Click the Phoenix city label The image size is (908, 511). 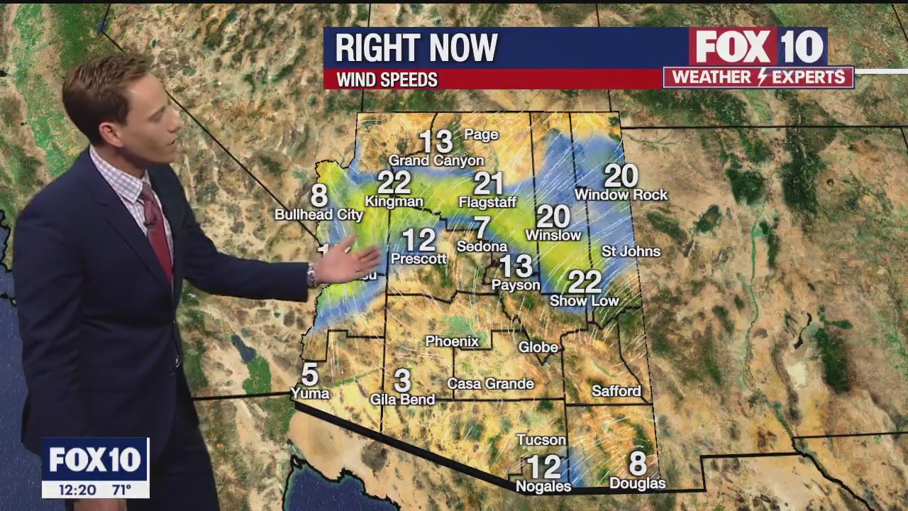pos(452,341)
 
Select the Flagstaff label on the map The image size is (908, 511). pos(487,202)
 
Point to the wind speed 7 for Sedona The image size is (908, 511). pos(482,228)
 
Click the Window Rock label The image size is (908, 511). pos(621,194)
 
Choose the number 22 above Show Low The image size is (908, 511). pos(585,282)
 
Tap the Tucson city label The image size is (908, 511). pos(541,440)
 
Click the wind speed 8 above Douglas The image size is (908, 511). pos(637,464)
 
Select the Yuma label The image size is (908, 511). pos(310,392)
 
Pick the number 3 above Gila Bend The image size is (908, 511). pos(402,381)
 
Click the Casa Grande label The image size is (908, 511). pos(490,384)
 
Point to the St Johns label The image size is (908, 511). pos(631,251)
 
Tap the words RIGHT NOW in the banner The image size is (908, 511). pos(416,48)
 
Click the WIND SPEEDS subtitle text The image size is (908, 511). pos(387,79)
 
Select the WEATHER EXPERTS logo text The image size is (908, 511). pos(758,77)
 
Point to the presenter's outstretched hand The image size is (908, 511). pos(348,261)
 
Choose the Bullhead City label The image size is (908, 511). pos(319,214)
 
